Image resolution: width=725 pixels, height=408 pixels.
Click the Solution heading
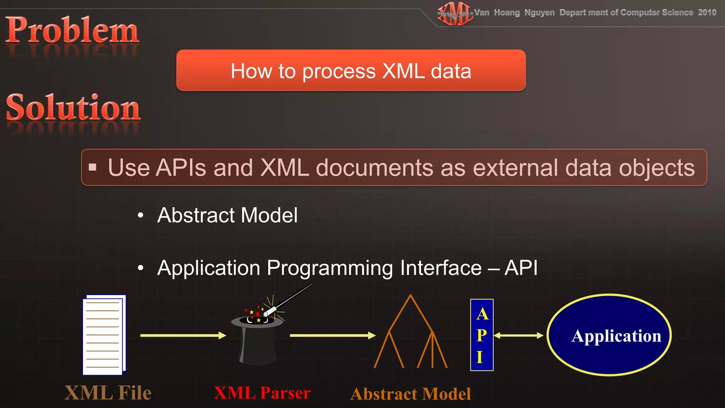pos(73,107)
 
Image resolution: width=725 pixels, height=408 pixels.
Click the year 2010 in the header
pos(707,12)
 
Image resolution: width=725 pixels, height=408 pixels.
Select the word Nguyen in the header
pos(539,13)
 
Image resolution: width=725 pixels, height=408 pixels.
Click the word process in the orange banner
pos(339,71)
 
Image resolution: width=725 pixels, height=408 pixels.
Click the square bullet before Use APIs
pos(93,167)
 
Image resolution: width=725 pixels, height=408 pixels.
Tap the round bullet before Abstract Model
pos(141,215)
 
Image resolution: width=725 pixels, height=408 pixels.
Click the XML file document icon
pos(104,335)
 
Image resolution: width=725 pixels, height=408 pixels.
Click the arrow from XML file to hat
pos(183,335)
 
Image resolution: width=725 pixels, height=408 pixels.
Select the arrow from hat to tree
pos(332,335)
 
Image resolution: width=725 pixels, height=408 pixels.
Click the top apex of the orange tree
pos(410,296)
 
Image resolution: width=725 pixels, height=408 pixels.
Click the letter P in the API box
pos(481,335)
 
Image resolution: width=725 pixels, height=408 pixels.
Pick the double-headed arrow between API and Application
pos(518,335)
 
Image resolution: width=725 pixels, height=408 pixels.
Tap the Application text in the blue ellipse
pos(616,336)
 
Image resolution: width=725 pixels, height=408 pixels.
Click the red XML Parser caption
pos(262,393)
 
